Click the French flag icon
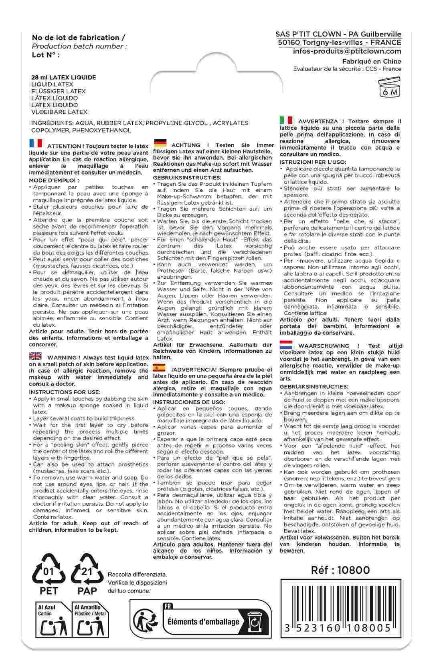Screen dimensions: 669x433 (x=35, y=144)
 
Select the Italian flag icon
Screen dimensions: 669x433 (x=285, y=120)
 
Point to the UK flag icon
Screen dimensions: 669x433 (x=35, y=356)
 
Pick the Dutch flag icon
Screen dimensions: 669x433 (x=285, y=344)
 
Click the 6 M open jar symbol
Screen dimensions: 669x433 (x=389, y=88)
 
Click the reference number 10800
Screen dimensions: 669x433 (x=340, y=570)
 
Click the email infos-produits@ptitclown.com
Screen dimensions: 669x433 (x=347, y=51)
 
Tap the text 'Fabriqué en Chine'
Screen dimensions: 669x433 (x=372, y=61)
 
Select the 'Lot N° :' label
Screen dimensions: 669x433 (x=45, y=55)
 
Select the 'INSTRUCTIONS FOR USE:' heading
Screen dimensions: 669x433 (x=65, y=392)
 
